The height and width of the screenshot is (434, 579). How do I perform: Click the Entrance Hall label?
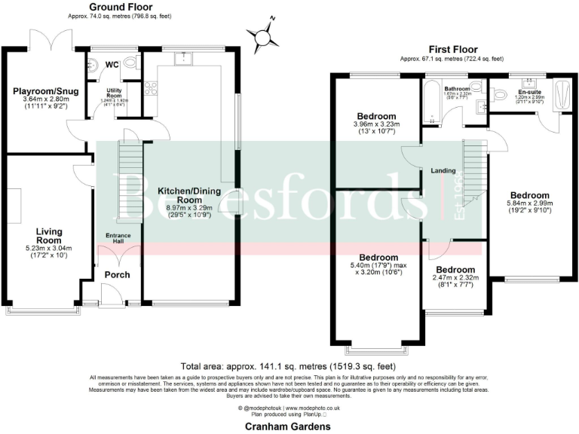tap(118, 239)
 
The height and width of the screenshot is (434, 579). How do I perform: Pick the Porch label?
tap(118, 274)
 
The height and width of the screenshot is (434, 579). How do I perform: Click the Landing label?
tap(443, 170)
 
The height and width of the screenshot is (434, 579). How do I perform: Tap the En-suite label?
tap(528, 93)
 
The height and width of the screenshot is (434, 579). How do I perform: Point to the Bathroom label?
tap(457, 89)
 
